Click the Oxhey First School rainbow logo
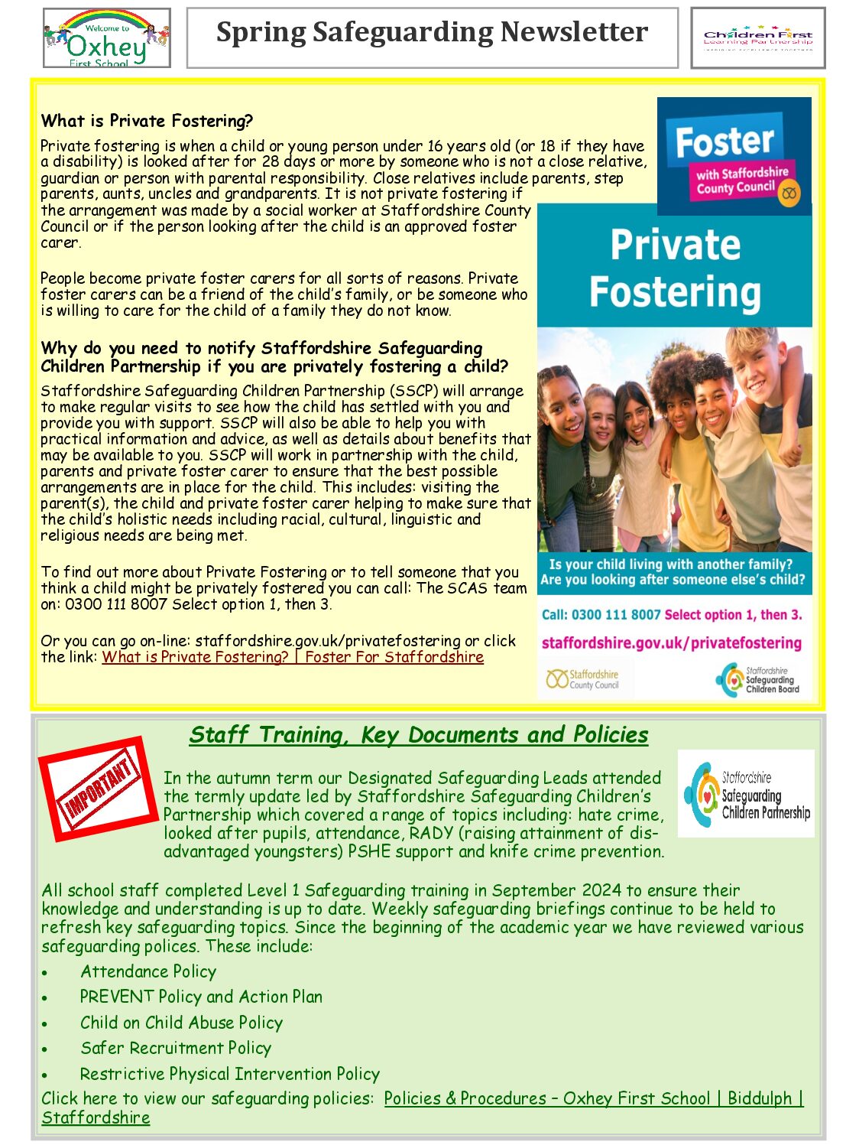pyautogui.click(x=106, y=39)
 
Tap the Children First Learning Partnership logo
pyautogui.click(x=757, y=38)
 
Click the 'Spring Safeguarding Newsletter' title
pyautogui.click(x=432, y=33)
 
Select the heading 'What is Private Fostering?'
pyautogui.click(x=147, y=121)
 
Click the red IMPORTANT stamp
pyautogui.click(x=97, y=789)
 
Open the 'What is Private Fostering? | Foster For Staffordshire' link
pyautogui.click(x=293, y=657)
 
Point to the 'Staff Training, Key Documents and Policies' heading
pyautogui.click(x=418, y=735)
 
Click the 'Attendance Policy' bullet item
pyautogui.click(x=148, y=971)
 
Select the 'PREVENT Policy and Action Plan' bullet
pyautogui.click(x=201, y=997)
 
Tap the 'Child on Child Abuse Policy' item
pyautogui.click(x=181, y=1023)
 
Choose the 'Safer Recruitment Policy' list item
pyautogui.click(x=176, y=1048)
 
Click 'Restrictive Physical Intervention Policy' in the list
pyautogui.click(x=229, y=1074)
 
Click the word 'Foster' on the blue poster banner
pyautogui.click(x=724, y=141)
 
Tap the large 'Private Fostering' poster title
pyautogui.click(x=675, y=268)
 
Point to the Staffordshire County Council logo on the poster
pyautogui.click(x=582, y=679)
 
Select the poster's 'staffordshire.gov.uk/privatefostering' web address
pyautogui.click(x=671, y=643)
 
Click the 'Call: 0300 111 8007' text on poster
pyautogui.click(x=601, y=615)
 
